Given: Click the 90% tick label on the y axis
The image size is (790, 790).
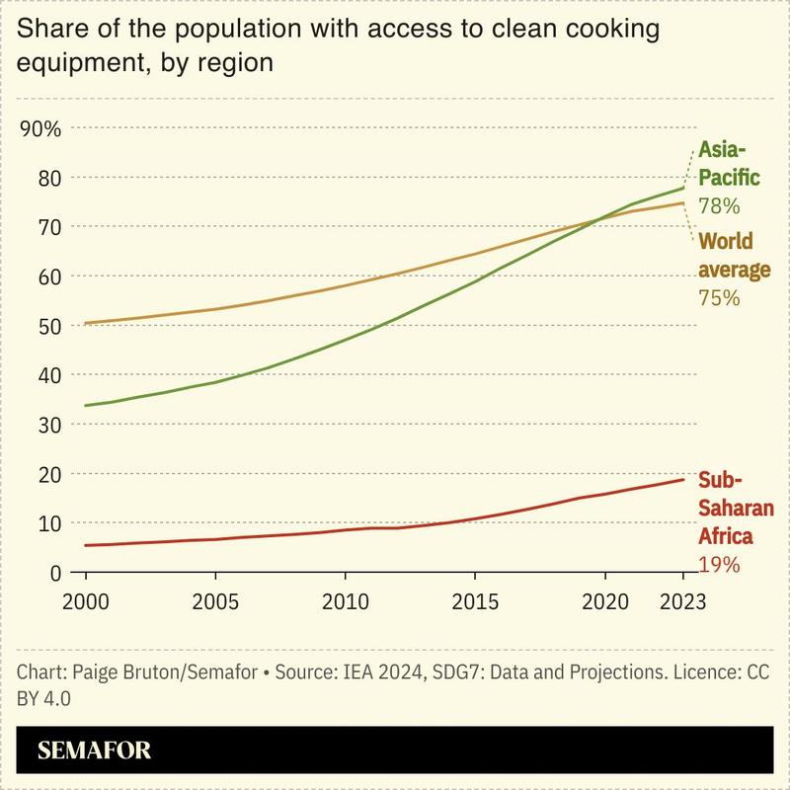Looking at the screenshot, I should pos(40,128).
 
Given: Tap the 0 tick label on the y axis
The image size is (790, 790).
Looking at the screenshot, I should pos(55,573).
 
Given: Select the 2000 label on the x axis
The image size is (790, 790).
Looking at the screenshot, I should pos(85,601).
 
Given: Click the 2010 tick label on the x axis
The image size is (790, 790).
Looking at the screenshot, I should pos(345,601).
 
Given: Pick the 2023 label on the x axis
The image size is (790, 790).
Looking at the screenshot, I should pos(681,601).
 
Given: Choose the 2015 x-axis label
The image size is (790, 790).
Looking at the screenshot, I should pos(474,601).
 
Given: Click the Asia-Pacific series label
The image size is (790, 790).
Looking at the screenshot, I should pos(729,164).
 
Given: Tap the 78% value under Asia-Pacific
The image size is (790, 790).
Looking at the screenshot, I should pos(719,206).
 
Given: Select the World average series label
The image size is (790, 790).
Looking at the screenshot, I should pos(732,255).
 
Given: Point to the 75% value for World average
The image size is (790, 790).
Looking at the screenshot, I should pos(719,297).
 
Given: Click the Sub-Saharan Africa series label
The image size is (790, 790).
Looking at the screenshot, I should pos(735,509).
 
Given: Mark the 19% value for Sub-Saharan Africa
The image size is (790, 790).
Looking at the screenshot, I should pos(719,565).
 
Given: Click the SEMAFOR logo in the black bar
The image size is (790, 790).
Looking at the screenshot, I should pos(94,750).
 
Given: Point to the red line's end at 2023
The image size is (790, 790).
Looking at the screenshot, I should pos(682,480).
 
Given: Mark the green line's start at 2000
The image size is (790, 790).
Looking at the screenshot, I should pos(86,406).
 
